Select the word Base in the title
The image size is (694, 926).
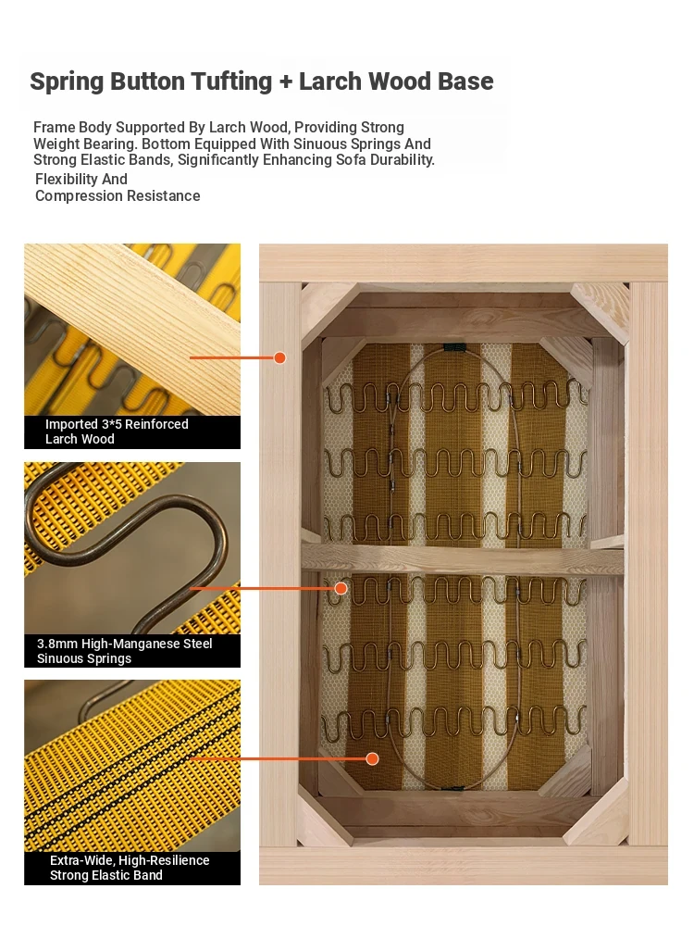(x=465, y=81)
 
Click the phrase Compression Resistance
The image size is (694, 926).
(x=118, y=196)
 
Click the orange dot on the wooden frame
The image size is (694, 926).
(x=280, y=357)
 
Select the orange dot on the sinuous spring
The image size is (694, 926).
(x=341, y=588)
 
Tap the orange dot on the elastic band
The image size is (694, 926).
(x=372, y=759)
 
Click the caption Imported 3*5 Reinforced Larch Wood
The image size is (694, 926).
(x=117, y=432)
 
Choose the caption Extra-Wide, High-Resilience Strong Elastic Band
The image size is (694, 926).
(x=130, y=869)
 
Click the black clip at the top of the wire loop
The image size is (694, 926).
(x=452, y=347)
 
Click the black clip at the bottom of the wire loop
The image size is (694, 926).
(x=453, y=788)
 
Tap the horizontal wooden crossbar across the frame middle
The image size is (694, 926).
(x=463, y=558)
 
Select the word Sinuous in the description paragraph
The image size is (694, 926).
(x=318, y=144)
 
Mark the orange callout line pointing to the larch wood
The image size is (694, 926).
(x=232, y=357)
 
